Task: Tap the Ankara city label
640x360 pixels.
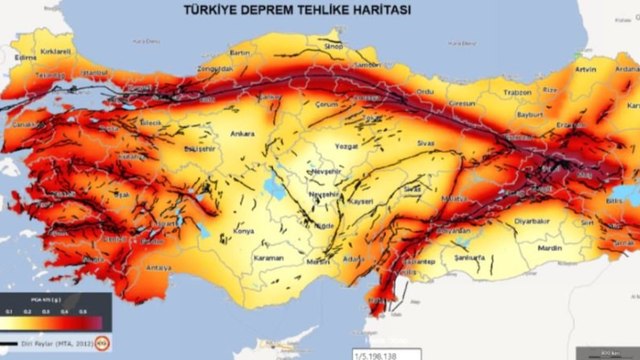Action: pos(244,132)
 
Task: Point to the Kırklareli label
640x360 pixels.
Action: pos(54,49)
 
